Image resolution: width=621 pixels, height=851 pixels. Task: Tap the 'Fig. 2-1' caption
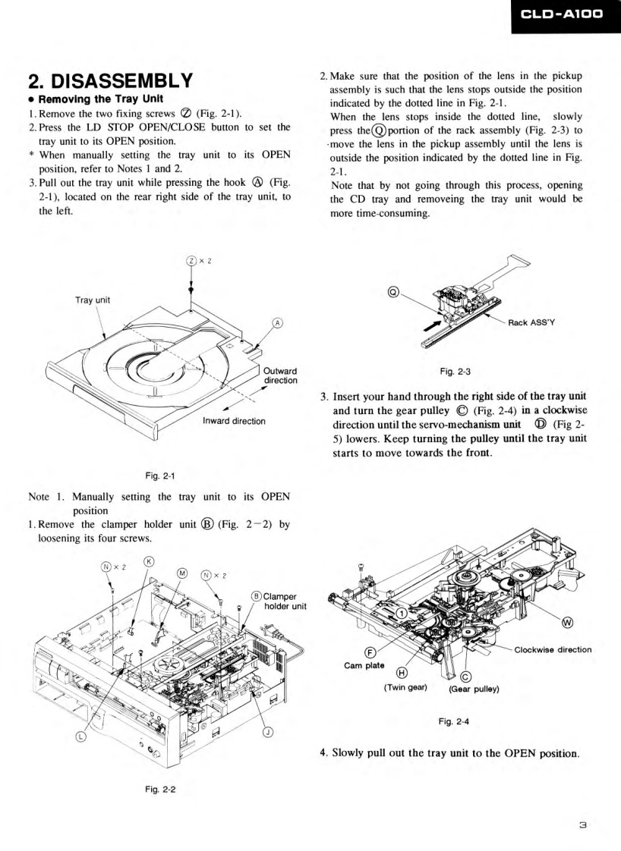(x=152, y=475)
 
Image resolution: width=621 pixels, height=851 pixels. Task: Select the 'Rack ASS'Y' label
(x=533, y=322)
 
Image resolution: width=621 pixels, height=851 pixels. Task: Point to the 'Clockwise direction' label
(x=552, y=648)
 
